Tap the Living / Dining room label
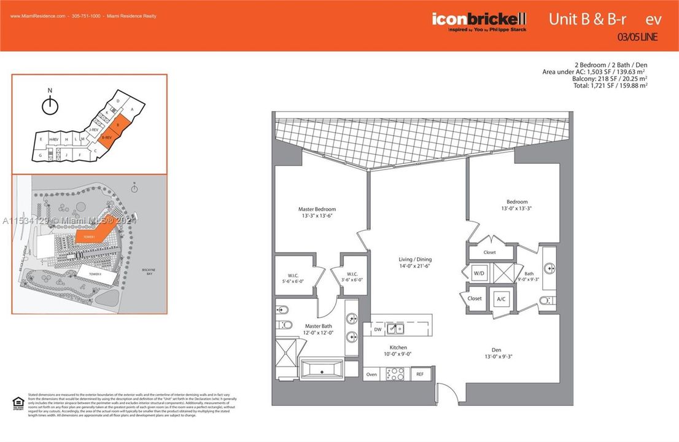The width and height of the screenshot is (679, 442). point(416,260)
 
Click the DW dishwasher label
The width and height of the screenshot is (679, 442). point(377,330)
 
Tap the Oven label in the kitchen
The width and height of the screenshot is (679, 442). point(372,374)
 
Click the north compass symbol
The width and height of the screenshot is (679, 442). point(50,105)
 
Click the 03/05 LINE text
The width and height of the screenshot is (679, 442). point(637,37)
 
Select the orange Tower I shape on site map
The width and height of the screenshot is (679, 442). point(92,235)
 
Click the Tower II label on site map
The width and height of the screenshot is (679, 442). point(95,274)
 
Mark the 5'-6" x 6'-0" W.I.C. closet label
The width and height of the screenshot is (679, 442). point(292,277)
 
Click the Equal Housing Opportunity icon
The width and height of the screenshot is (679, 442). point(18,403)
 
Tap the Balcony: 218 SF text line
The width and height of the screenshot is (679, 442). point(610,79)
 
